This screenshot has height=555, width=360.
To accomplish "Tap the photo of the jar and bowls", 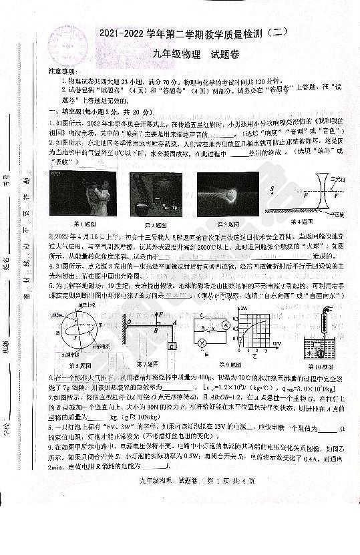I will (x=155, y=193).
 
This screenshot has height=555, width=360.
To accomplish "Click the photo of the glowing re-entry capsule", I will (x=228, y=193).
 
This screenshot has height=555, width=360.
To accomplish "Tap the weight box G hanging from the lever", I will (x=172, y=345).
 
